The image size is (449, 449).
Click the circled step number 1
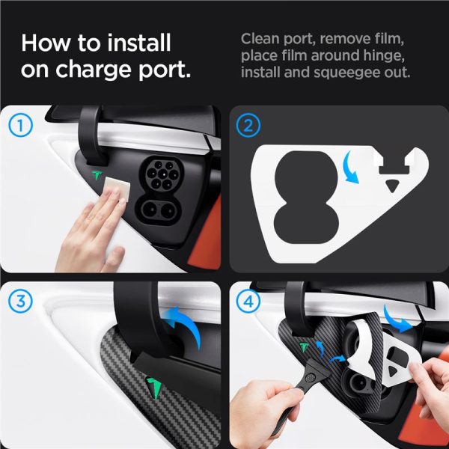[20, 125]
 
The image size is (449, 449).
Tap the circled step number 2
[248, 125]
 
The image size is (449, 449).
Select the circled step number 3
[20, 302]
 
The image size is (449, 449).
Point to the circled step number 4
[248, 302]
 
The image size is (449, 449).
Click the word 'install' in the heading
[139, 43]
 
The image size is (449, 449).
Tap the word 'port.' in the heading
[165, 70]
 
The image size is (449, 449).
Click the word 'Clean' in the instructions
[260, 39]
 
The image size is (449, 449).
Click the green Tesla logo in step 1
[97, 175]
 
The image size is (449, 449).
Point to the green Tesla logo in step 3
[154, 388]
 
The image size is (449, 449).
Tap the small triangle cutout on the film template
[391, 186]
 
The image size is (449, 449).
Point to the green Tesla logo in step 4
[304, 347]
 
